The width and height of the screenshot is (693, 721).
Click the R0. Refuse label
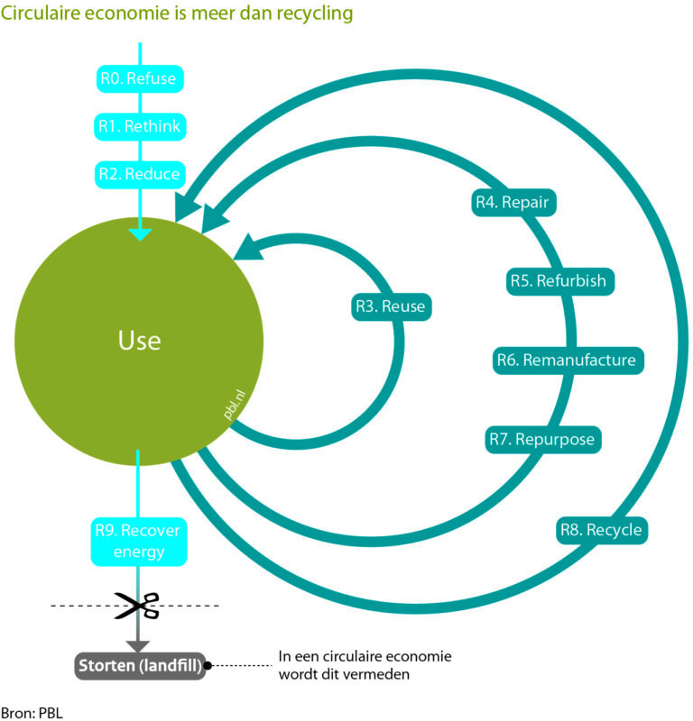(x=140, y=78)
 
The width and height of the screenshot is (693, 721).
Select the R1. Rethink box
(x=140, y=126)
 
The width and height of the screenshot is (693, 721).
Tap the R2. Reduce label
(x=140, y=174)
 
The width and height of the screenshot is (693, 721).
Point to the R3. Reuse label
(x=390, y=306)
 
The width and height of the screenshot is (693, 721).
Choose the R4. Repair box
(x=513, y=202)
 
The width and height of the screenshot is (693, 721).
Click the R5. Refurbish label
(x=560, y=280)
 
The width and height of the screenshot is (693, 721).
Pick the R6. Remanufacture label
(x=567, y=360)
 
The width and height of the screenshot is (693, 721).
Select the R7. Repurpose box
(x=543, y=439)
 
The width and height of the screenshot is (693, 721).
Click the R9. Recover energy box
(x=138, y=540)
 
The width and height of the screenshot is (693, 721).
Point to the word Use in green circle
(x=139, y=341)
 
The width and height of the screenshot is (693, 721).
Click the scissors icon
(x=136, y=605)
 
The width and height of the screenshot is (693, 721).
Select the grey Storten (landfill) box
(x=139, y=666)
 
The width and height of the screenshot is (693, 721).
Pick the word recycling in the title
(x=313, y=14)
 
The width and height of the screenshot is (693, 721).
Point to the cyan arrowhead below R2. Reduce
(x=140, y=234)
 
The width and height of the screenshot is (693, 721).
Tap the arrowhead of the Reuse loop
(x=249, y=247)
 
